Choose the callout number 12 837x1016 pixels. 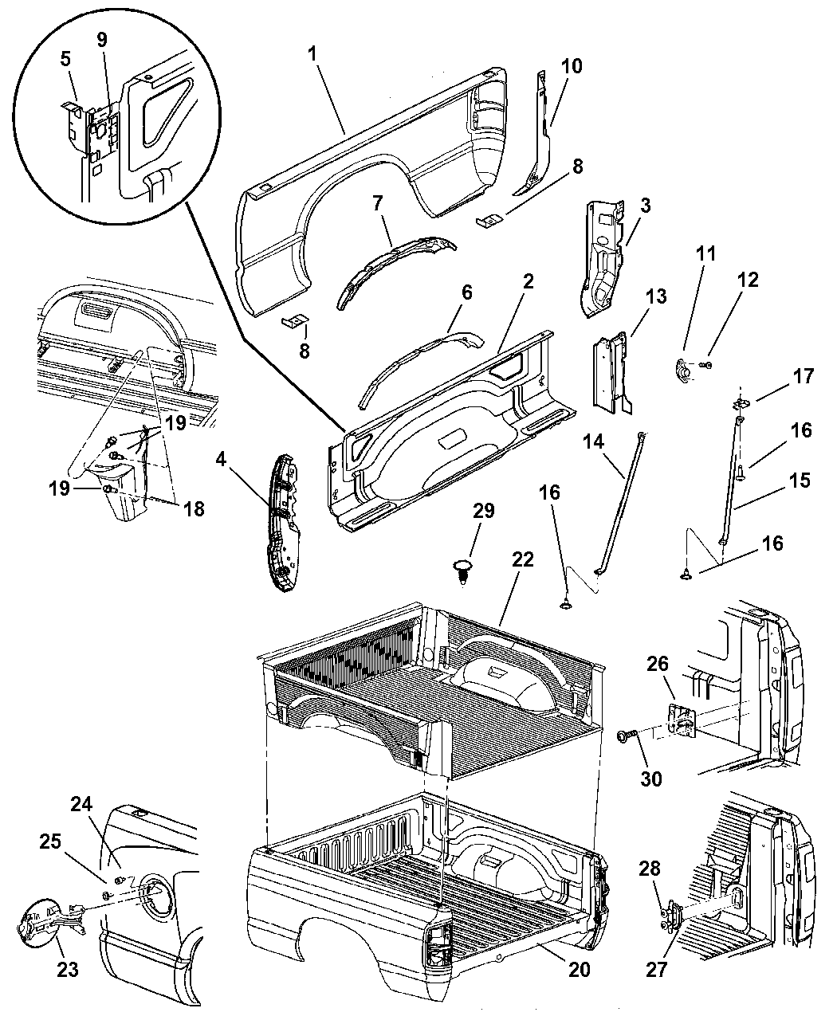[x=748, y=280]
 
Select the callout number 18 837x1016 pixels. [x=194, y=508]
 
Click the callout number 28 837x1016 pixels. [x=650, y=869]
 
